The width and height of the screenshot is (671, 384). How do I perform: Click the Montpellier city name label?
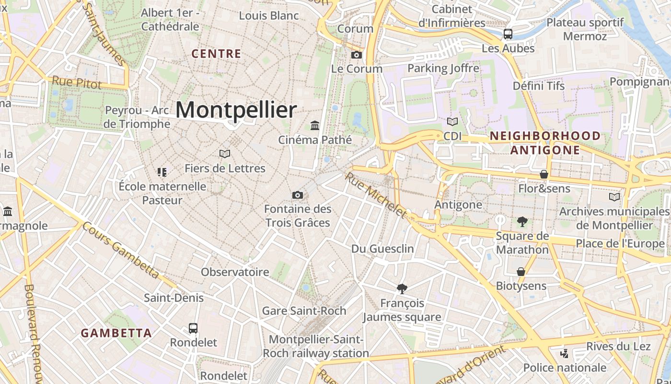[236, 110]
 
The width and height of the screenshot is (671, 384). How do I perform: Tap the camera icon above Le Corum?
[356, 55]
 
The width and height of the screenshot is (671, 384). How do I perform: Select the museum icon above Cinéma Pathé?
[315, 125]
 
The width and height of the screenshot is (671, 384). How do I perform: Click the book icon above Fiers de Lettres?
[225, 154]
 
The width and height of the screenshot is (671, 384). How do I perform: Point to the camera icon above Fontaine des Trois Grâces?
[298, 195]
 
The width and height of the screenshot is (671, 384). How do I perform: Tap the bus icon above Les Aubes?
[508, 34]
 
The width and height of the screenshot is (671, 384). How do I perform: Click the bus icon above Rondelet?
[193, 328]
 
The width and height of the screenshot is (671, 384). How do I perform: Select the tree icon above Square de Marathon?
[522, 221]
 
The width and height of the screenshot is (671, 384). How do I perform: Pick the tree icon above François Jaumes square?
[402, 288]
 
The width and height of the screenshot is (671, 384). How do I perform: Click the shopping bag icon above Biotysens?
[521, 272]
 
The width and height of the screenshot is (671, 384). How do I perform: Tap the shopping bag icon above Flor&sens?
[544, 174]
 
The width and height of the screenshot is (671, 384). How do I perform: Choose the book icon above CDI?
[452, 121]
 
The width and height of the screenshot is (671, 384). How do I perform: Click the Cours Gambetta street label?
[120, 250]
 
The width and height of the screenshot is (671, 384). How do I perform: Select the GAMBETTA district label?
[116, 333]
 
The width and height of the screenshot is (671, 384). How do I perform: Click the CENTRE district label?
[216, 54]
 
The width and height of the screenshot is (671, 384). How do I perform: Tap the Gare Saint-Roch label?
[304, 311]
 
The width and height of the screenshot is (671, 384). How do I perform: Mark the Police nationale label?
[565, 368]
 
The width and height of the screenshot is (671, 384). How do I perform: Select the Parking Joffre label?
[443, 68]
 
